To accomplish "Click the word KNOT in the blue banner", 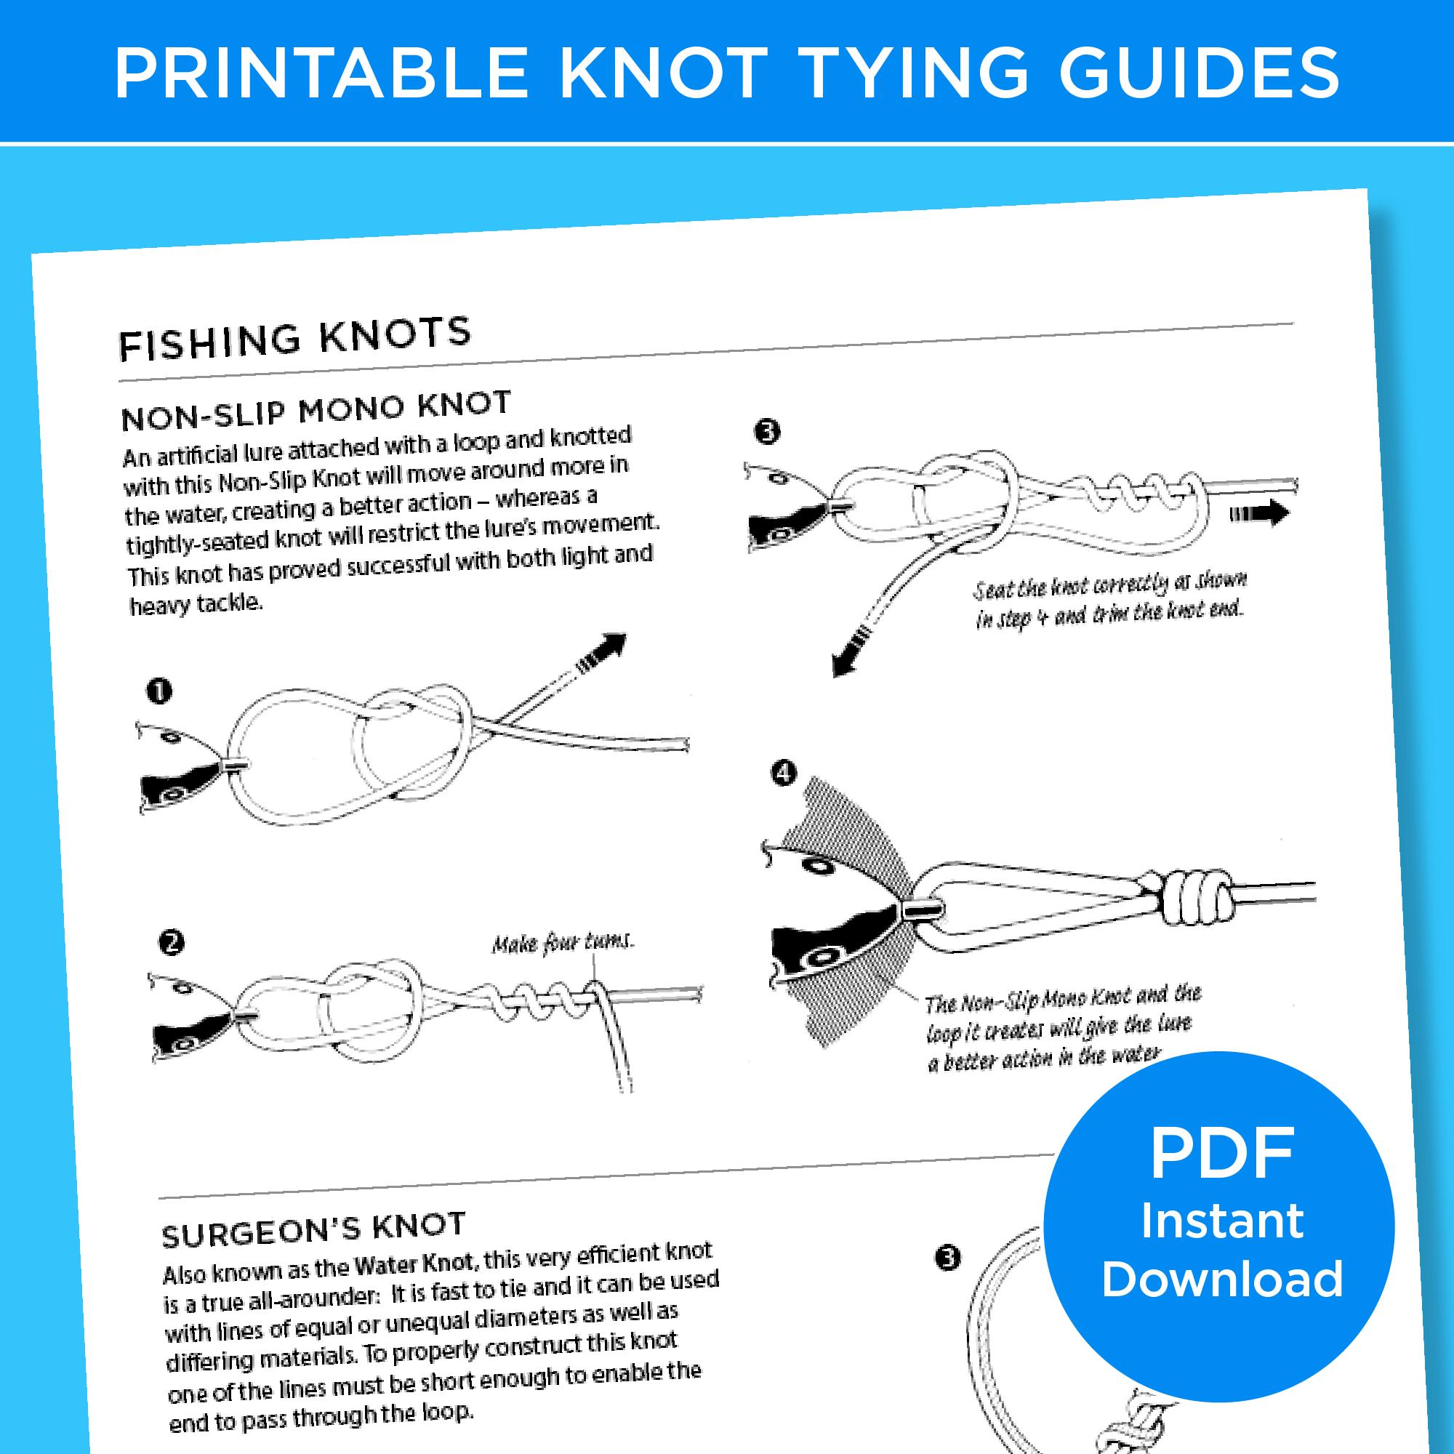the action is coord(662,73).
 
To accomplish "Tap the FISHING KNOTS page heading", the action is coord(294,340).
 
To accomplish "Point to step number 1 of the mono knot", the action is coord(159,691).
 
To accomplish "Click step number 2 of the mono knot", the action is coord(172,942).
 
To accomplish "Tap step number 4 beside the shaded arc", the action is coord(784,774).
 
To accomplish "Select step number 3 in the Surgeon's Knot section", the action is coord(949,1258).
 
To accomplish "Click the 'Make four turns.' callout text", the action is coord(563,942).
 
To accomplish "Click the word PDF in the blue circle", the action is coord(1221,1154).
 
